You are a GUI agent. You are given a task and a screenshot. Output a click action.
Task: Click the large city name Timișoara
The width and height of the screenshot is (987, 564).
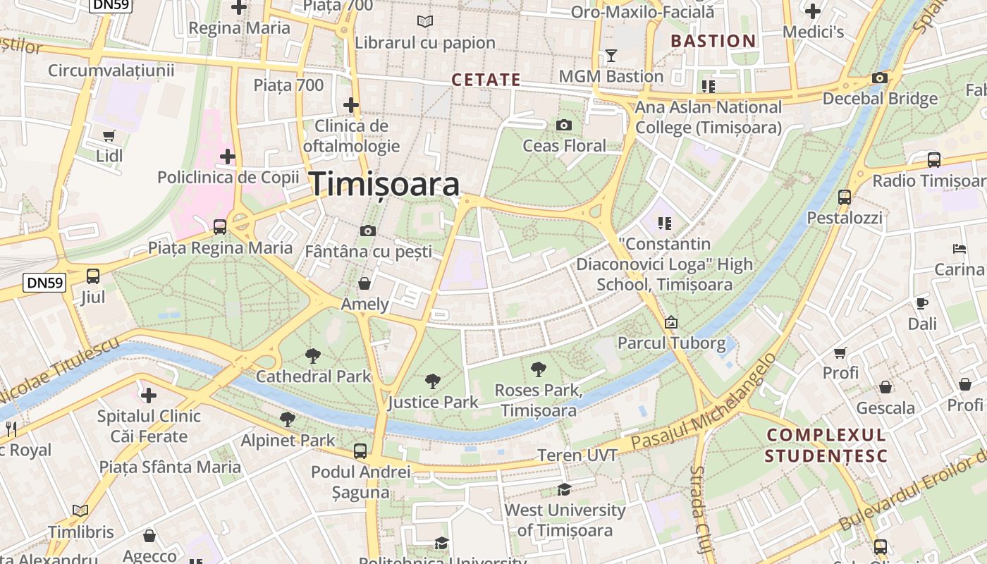385,184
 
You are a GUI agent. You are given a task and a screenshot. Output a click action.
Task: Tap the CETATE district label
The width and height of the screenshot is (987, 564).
486,80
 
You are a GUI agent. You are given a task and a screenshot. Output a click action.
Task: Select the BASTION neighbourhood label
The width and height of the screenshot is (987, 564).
713,41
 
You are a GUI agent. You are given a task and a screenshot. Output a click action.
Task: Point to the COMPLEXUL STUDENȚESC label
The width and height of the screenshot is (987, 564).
826,445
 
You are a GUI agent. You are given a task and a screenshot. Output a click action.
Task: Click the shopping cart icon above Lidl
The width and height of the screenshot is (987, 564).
109,135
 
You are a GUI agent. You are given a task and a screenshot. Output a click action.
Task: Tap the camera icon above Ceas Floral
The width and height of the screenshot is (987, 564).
563,125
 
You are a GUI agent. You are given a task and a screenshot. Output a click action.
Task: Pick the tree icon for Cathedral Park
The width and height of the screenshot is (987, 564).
312,355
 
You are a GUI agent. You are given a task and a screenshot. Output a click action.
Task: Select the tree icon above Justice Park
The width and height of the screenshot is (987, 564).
433,381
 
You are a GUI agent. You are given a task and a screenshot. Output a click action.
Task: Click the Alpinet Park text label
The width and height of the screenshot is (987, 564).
288,441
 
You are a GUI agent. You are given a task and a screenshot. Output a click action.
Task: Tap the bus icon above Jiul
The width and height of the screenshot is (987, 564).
92,276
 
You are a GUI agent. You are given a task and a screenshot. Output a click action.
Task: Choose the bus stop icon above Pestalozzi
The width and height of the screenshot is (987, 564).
844,197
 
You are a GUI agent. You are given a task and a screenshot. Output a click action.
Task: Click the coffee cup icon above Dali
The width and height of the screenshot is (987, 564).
921,303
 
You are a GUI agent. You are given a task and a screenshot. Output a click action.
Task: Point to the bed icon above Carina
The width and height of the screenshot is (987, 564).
959,248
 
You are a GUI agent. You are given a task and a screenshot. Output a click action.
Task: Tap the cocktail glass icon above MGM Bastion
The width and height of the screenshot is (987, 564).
611,56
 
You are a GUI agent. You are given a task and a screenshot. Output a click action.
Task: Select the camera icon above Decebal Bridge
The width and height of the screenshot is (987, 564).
879,78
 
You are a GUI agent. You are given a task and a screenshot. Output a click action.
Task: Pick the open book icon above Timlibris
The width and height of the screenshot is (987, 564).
80,510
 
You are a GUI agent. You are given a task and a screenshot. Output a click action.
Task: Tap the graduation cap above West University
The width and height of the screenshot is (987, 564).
564,489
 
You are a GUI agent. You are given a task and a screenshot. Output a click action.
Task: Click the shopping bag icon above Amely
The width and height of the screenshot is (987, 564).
364,283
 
